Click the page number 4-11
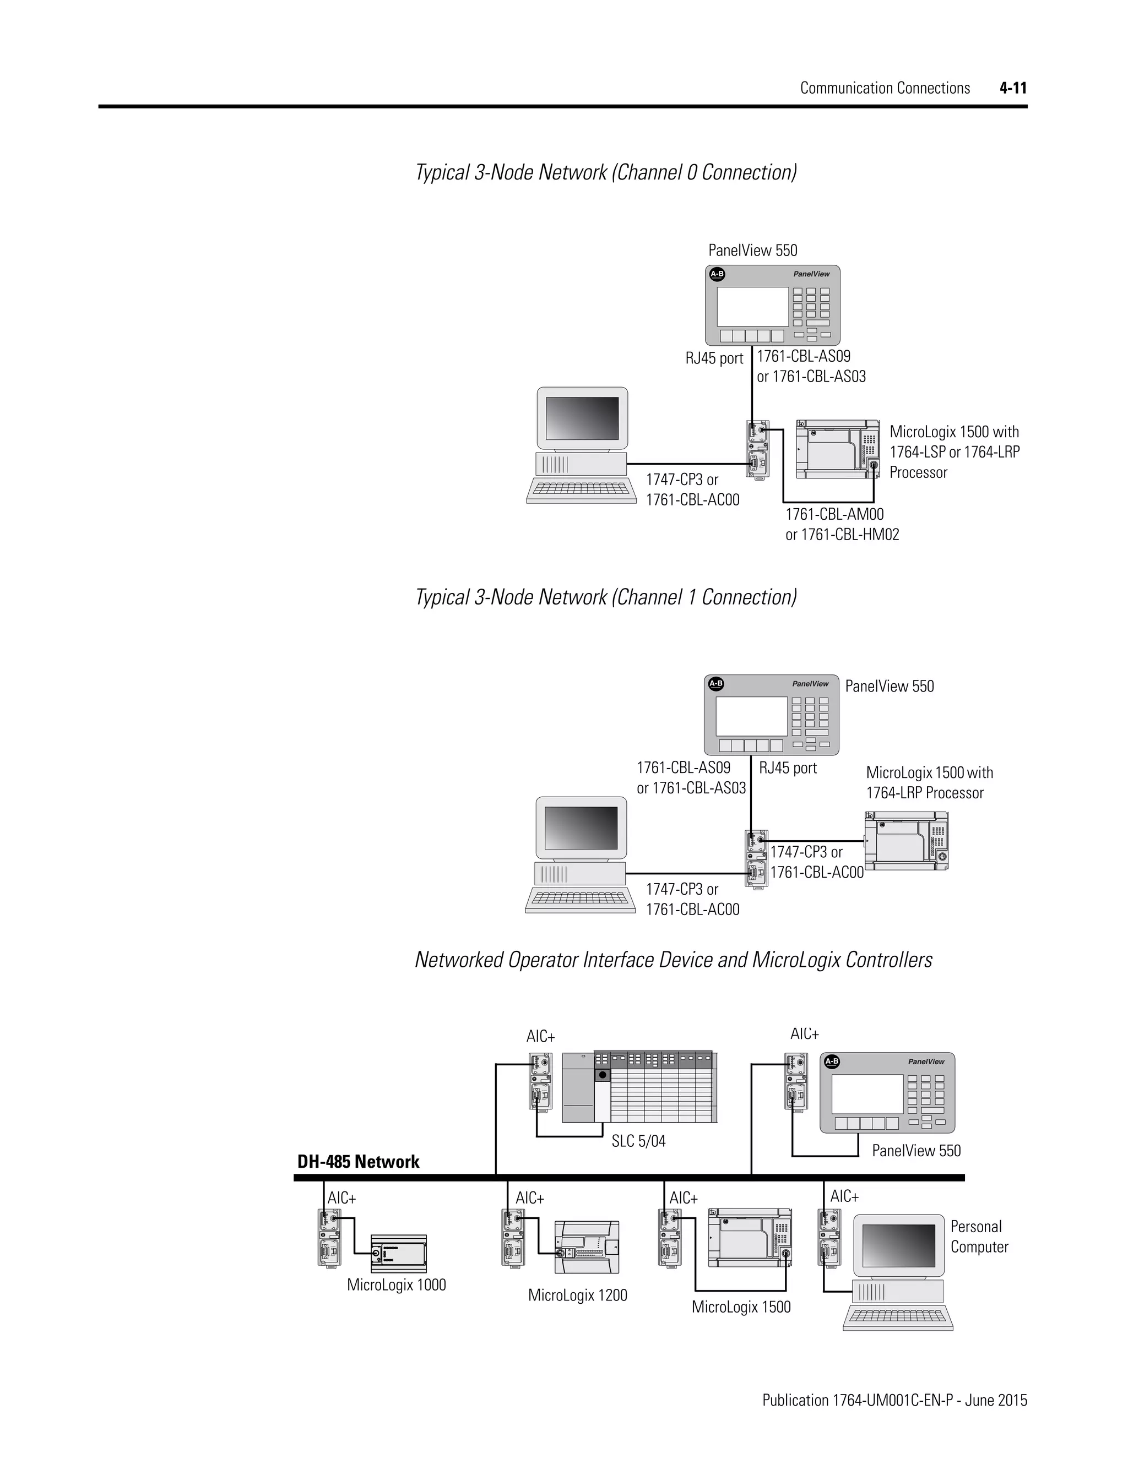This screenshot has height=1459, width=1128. click(x=1013, y=88)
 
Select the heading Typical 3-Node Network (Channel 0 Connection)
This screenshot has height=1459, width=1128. click(x=605, y=172)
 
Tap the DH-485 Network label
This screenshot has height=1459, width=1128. click(x=358, y=1162)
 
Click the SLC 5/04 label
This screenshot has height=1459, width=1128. click(x=638, y=1141)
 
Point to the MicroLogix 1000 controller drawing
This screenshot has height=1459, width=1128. click(x=398, y=1254)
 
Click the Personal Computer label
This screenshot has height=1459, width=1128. click(x=979, y=1237)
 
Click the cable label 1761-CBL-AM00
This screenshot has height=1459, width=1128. click(x=834, y=514)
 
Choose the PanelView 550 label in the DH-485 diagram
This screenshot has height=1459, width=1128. click(x=916, y=1150)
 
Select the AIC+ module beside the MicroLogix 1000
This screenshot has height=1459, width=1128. click(x=329, y=1237)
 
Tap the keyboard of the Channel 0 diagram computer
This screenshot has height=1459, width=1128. click(x=581, y=489)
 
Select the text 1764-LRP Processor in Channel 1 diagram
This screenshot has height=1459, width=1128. click(x=925, y=793)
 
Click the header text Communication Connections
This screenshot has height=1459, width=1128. click(x=885, y=88)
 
